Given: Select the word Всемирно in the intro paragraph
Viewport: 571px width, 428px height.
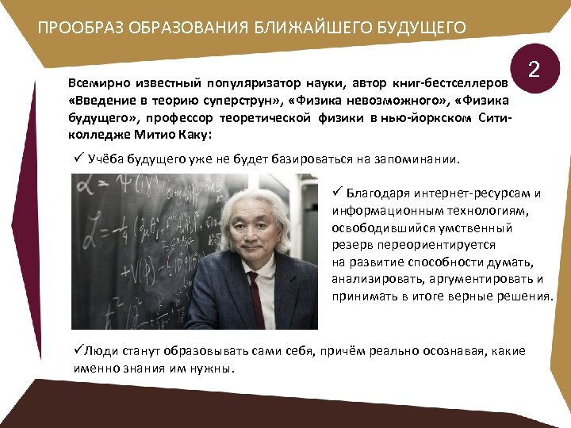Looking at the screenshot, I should point(96,82).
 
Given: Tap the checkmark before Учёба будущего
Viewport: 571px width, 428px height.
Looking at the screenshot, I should point(77,157).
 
